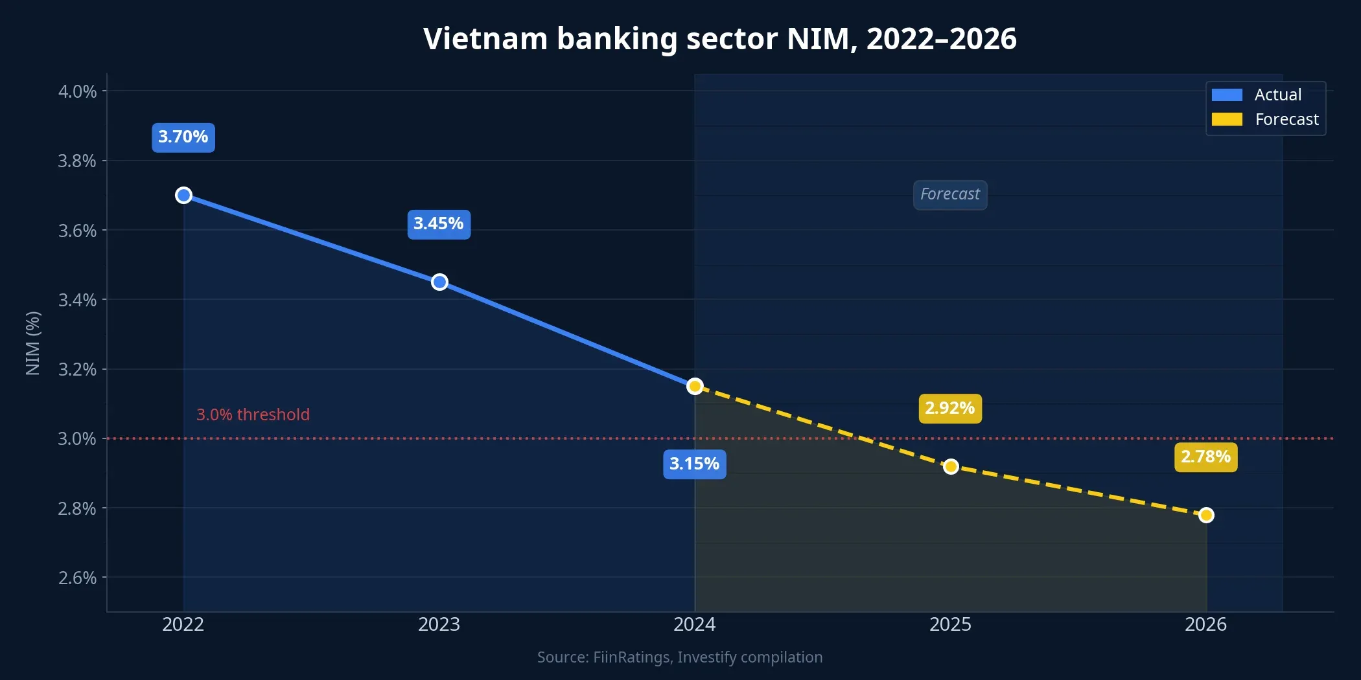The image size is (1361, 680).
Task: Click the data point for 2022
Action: click(183, 195)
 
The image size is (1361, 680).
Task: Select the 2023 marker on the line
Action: click(439, 282)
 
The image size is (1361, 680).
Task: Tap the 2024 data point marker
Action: click(695, 386)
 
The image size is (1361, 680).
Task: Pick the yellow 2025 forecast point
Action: click(951, 466)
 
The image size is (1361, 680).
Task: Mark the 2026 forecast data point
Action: click(1206, 515)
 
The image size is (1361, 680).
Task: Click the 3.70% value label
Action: click(183, 137)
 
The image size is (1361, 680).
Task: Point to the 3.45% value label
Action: click(439, 224)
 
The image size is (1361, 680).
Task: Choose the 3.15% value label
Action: click(694, 464)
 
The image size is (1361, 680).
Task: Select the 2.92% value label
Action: click(950, 409)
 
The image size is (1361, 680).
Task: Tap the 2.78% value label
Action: click(1205, 457)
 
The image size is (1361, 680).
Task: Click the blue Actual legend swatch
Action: click(1227, 95)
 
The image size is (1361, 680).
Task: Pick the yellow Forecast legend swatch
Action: click(1227, 120)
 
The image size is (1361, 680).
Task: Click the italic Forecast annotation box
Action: click(950, 194)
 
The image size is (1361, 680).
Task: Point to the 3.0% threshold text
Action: click(253, 414)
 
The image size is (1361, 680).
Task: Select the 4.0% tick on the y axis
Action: click(78, 91)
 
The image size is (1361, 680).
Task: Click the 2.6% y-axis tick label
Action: click(78, 578)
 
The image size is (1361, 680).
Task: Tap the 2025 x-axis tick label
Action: click(950, 624)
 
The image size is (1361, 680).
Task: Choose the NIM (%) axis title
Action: click(33, 343)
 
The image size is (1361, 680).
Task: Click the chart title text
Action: click(719, 39)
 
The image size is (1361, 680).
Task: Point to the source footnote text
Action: click(680, 657)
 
